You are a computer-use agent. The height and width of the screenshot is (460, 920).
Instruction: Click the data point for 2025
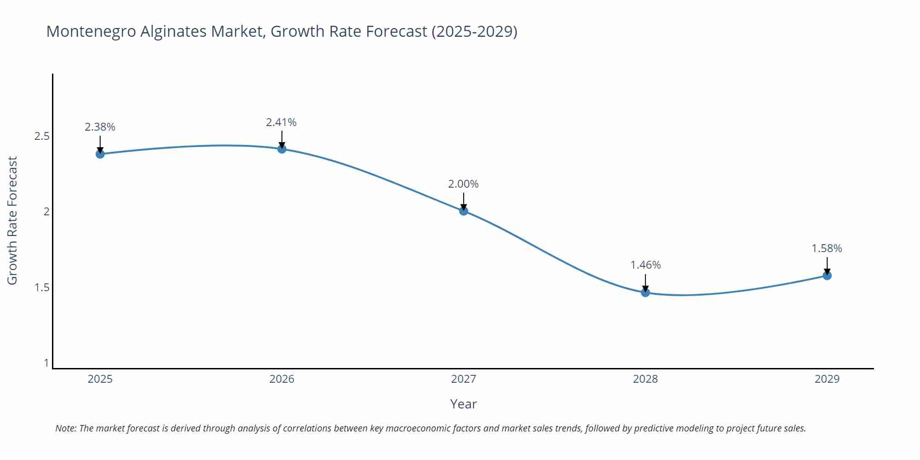(x=100, y=154)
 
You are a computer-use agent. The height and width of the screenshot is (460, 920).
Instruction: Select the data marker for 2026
(x=282, y=149)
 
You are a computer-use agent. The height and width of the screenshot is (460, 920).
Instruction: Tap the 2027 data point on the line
(x=464, y=211)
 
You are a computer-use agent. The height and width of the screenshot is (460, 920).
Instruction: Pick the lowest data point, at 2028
(x=645, y=292)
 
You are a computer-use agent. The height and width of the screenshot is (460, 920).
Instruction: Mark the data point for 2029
(x=827, y=276)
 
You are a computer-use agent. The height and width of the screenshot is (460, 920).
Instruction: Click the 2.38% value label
(x=100, y=127)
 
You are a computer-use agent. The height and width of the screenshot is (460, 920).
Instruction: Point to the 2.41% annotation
(x=281, y=122)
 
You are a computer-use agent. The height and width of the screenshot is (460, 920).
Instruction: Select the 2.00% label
(x=463, y=184)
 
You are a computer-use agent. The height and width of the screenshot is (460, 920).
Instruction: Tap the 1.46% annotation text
(x=645, y=265)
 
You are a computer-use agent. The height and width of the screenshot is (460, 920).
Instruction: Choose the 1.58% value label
(x=827, y=248)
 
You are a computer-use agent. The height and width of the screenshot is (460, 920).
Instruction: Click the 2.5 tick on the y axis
(x=42, y=136)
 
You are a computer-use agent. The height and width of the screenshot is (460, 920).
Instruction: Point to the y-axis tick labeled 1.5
(x=42, y=287)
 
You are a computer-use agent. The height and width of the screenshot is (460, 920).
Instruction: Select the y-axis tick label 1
(x=46, y=363)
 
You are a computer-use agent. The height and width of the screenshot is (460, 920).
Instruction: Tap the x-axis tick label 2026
(x=282, y=379)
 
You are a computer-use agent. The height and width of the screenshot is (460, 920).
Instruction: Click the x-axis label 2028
(x=645, y=379)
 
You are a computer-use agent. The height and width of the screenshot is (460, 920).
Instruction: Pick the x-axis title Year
(x=463, y=404)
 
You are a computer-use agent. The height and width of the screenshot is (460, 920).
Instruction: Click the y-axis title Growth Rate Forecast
(x=12, y=220)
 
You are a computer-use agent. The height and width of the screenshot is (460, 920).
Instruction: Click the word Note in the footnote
(x=65, y=428)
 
